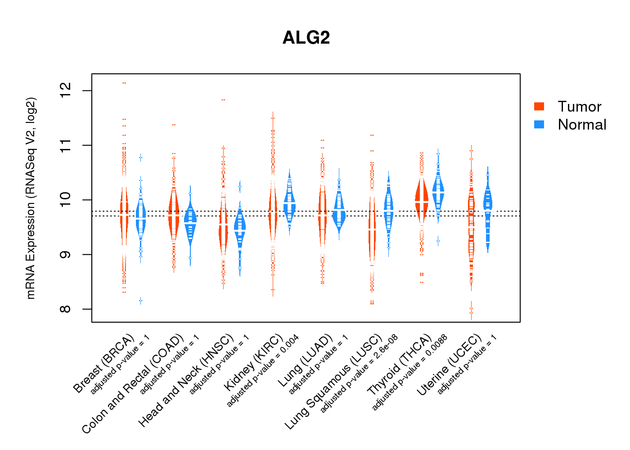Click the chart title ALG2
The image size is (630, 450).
tap(306, 38)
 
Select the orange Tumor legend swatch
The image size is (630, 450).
tap(539, 106)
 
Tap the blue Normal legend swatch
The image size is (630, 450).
tap(539, 124)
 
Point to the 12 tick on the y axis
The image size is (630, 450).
tap(66, 91)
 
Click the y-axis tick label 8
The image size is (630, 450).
tap(66, 309)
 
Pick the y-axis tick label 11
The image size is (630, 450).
tap(66, 145)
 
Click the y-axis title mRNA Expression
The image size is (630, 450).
tap(31, 198)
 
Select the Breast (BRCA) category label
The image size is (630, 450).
tap(104, 364)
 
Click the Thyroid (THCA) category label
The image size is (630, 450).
tap(400, 365)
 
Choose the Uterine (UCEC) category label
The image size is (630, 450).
tap(449, 365)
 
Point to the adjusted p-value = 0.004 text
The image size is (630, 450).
tap(263, 371)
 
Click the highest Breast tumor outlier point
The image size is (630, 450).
tap(124, 83)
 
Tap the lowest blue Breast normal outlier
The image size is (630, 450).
tap(141, 300)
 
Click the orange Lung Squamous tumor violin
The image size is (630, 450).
tap(372, 225)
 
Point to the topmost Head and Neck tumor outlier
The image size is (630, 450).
tap(223, 100)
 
